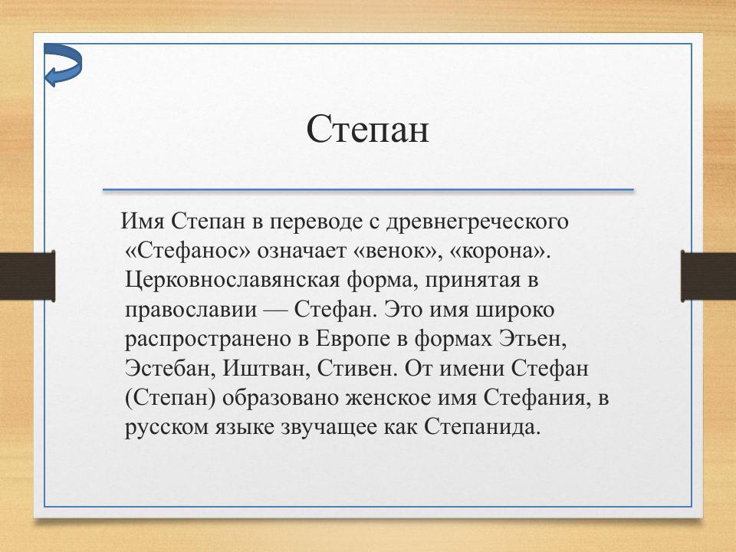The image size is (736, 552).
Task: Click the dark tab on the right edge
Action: coord(708,274)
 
